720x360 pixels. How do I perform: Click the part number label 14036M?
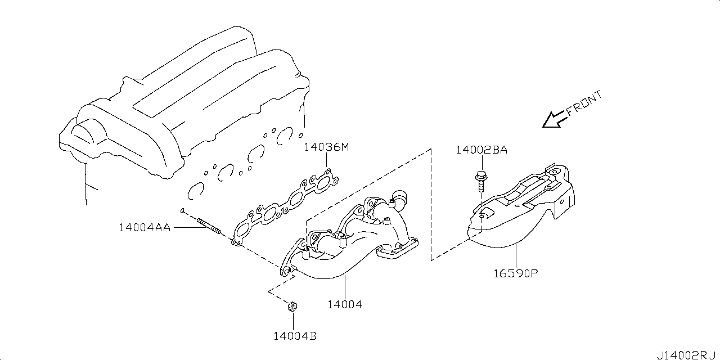[x=327, y=148]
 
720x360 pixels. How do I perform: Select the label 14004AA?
[x=145, y=227]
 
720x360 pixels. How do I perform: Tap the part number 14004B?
[x=295, y=336]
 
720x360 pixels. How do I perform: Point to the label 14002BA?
[x=481, y=150]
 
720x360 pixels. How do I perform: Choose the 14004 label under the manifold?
[x=344, y=304]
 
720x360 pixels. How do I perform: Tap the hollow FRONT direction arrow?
[x=553, y=119]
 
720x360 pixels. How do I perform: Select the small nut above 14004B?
[x=292, y=307]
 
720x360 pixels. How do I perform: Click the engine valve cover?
[x=180, y=96]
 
